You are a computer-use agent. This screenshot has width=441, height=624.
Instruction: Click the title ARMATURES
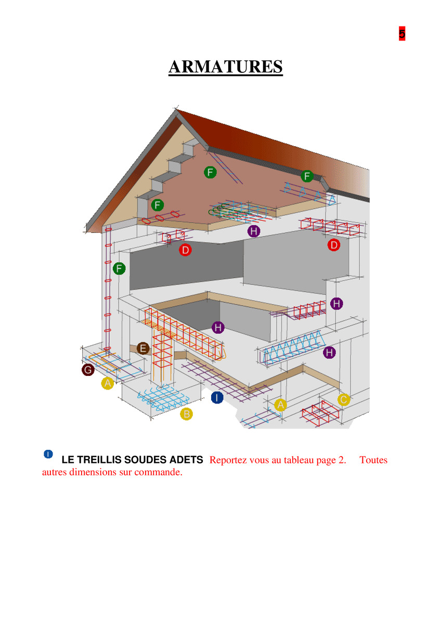click(225, 67)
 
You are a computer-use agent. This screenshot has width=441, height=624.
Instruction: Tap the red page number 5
click(401, 33)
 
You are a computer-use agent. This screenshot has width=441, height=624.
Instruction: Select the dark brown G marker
click(88, 370)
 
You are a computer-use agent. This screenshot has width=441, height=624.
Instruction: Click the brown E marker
click(143, 348)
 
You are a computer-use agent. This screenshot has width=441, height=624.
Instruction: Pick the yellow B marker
click(186, 414)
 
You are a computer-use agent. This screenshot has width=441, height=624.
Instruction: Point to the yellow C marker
click(344, 399)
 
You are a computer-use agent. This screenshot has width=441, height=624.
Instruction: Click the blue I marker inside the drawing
click(217, 397)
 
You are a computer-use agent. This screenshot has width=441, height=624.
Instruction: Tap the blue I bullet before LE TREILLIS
click(48, 454)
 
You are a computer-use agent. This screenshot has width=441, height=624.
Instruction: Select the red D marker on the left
click(185, 250)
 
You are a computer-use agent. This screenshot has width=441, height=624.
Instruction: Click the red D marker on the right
click(334, 245)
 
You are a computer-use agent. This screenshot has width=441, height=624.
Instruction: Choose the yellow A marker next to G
click(108, 383)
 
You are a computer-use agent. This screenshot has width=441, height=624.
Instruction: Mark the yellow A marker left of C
click(280, 405)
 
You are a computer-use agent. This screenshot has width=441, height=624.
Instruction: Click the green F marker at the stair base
click(158, 205)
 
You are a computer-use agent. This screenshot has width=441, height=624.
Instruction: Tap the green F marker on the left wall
click(119, 268)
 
